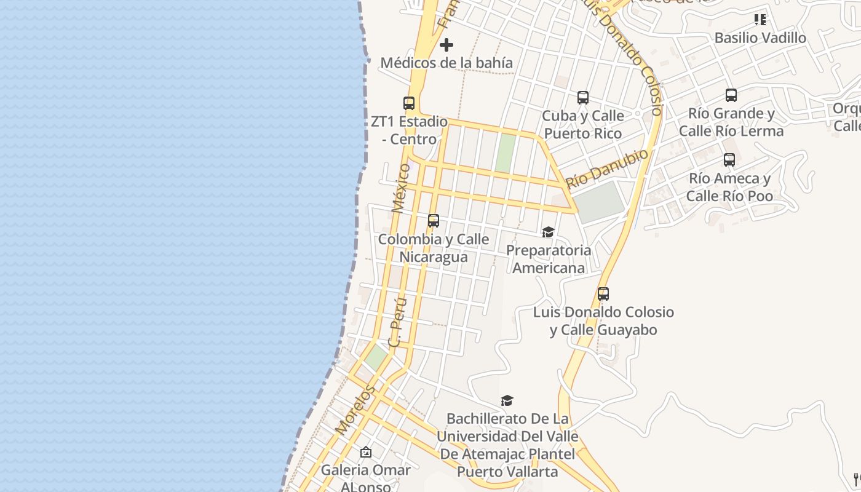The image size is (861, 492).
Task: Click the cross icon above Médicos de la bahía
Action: (446, 45)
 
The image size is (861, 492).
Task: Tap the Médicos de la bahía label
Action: (446, 63)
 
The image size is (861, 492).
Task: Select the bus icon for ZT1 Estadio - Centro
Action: (409, 103)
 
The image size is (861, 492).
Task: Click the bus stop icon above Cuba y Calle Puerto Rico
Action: (583, 98)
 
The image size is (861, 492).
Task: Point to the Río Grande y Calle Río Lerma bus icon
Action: (731, 95)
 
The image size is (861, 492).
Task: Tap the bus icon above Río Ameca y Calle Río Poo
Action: (729, 160)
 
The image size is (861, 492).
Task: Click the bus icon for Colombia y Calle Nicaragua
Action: (434, 221)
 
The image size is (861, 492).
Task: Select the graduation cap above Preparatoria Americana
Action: (548, 232)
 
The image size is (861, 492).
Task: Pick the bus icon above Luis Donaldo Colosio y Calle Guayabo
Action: (603, 294)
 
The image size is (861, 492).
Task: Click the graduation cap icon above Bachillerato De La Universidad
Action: (507, 400)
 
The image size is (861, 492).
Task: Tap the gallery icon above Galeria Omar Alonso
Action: (366, 452)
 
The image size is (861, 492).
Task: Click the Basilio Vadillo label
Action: (760, 38)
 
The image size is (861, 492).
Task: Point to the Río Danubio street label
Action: (607, 169)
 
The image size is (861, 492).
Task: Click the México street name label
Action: (400, 188)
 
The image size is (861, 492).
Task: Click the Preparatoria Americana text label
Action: (548, 259)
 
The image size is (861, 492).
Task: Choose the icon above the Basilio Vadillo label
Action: (760, 20)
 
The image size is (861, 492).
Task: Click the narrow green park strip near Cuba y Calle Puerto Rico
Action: (506, 153)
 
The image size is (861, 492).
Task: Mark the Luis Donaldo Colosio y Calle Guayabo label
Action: (603, 321)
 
